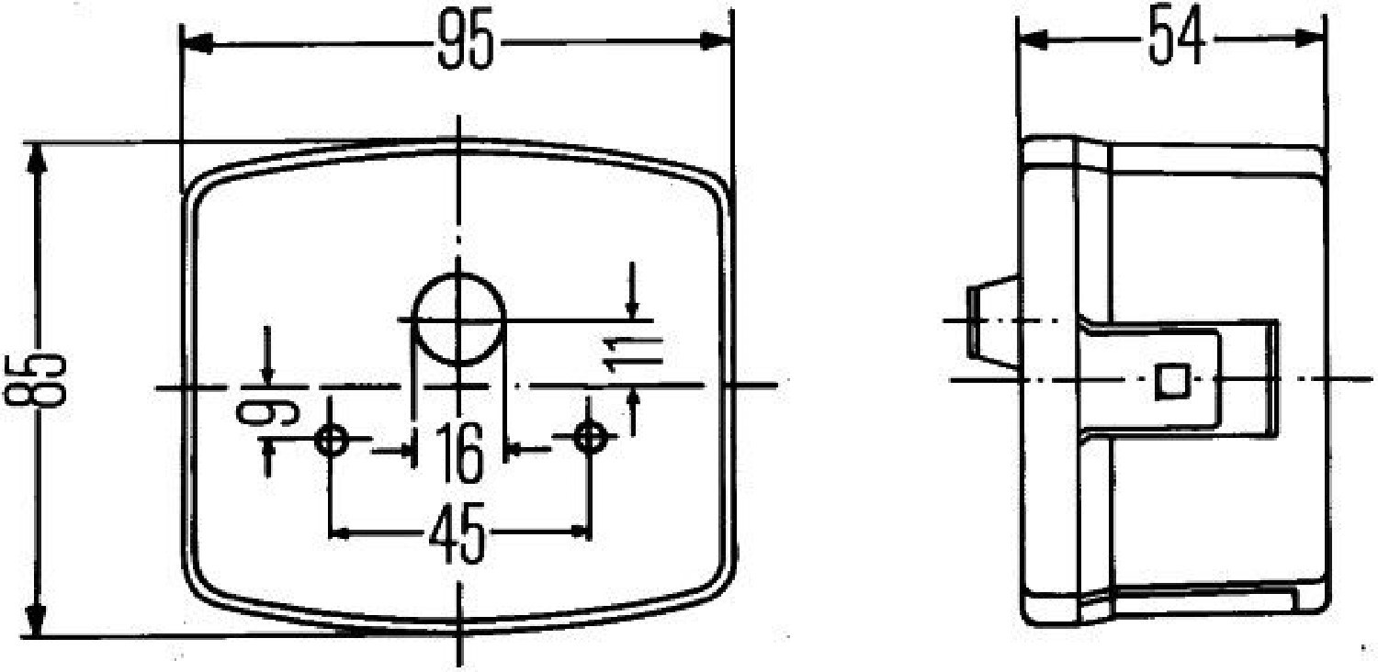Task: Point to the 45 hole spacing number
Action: coord(457,532)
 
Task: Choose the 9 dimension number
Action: coord(257,415)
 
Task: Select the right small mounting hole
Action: coord(589,437)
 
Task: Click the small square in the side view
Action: coord(1171,380)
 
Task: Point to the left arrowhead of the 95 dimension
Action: coord(198,43)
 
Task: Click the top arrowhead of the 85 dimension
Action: coord(36,160)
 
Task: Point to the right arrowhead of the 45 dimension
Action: coord(577,532)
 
